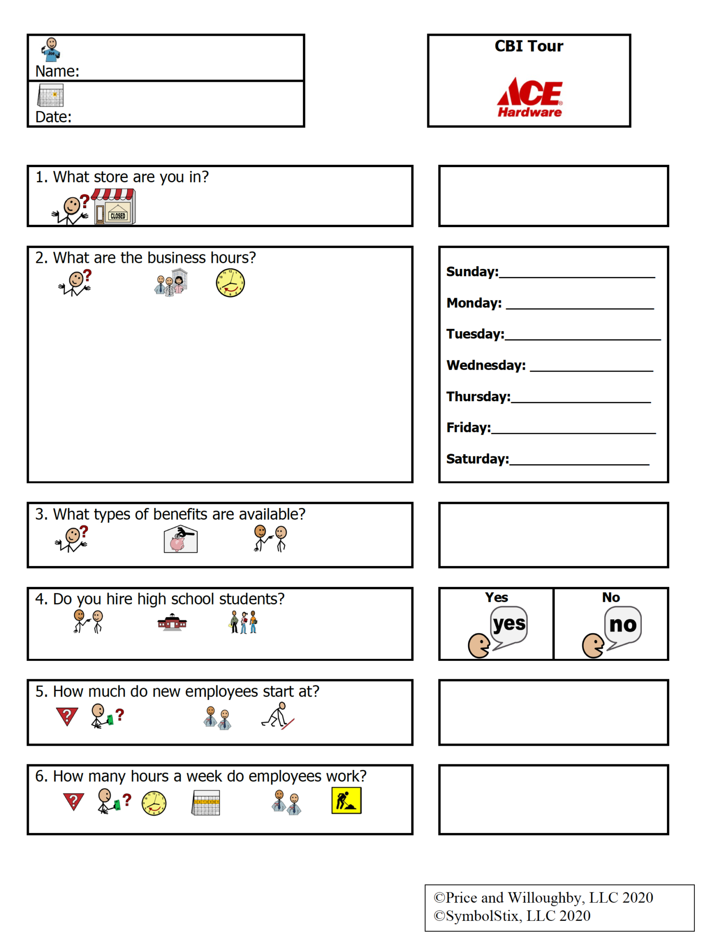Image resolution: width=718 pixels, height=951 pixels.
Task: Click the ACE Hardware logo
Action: click(x=529, y=98)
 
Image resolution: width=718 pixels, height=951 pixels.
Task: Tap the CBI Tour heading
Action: click(x=529, y=46)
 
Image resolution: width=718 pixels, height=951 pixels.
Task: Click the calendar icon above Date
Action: click(x=51, y=95)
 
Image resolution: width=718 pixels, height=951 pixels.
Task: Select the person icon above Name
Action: click(x=51, y=50)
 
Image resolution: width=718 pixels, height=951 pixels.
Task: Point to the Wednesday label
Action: click(x=486, y=365)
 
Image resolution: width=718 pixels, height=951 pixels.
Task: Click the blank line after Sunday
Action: click(x=576, y=275)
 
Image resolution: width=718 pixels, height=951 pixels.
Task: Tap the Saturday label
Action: click(x=477, y=459)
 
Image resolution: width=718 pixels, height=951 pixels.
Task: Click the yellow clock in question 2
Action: click(x=230, y=283)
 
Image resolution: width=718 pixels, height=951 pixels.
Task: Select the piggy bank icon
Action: click(x=181, y=539)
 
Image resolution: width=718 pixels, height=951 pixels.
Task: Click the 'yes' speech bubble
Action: click(x=509, y=625)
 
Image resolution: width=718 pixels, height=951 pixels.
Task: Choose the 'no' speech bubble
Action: click(x=623, y=625)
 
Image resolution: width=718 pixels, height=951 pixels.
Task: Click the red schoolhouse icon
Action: click(x=172, y=622)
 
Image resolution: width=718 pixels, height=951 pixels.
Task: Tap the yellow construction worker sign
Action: click(x=346, y=801)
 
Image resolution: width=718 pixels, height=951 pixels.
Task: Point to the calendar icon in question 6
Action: click(x=206, y=803)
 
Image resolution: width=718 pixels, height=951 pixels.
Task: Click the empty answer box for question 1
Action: click(x=553, y=196)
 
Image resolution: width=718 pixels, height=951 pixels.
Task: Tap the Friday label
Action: click(x=468, y=428)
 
